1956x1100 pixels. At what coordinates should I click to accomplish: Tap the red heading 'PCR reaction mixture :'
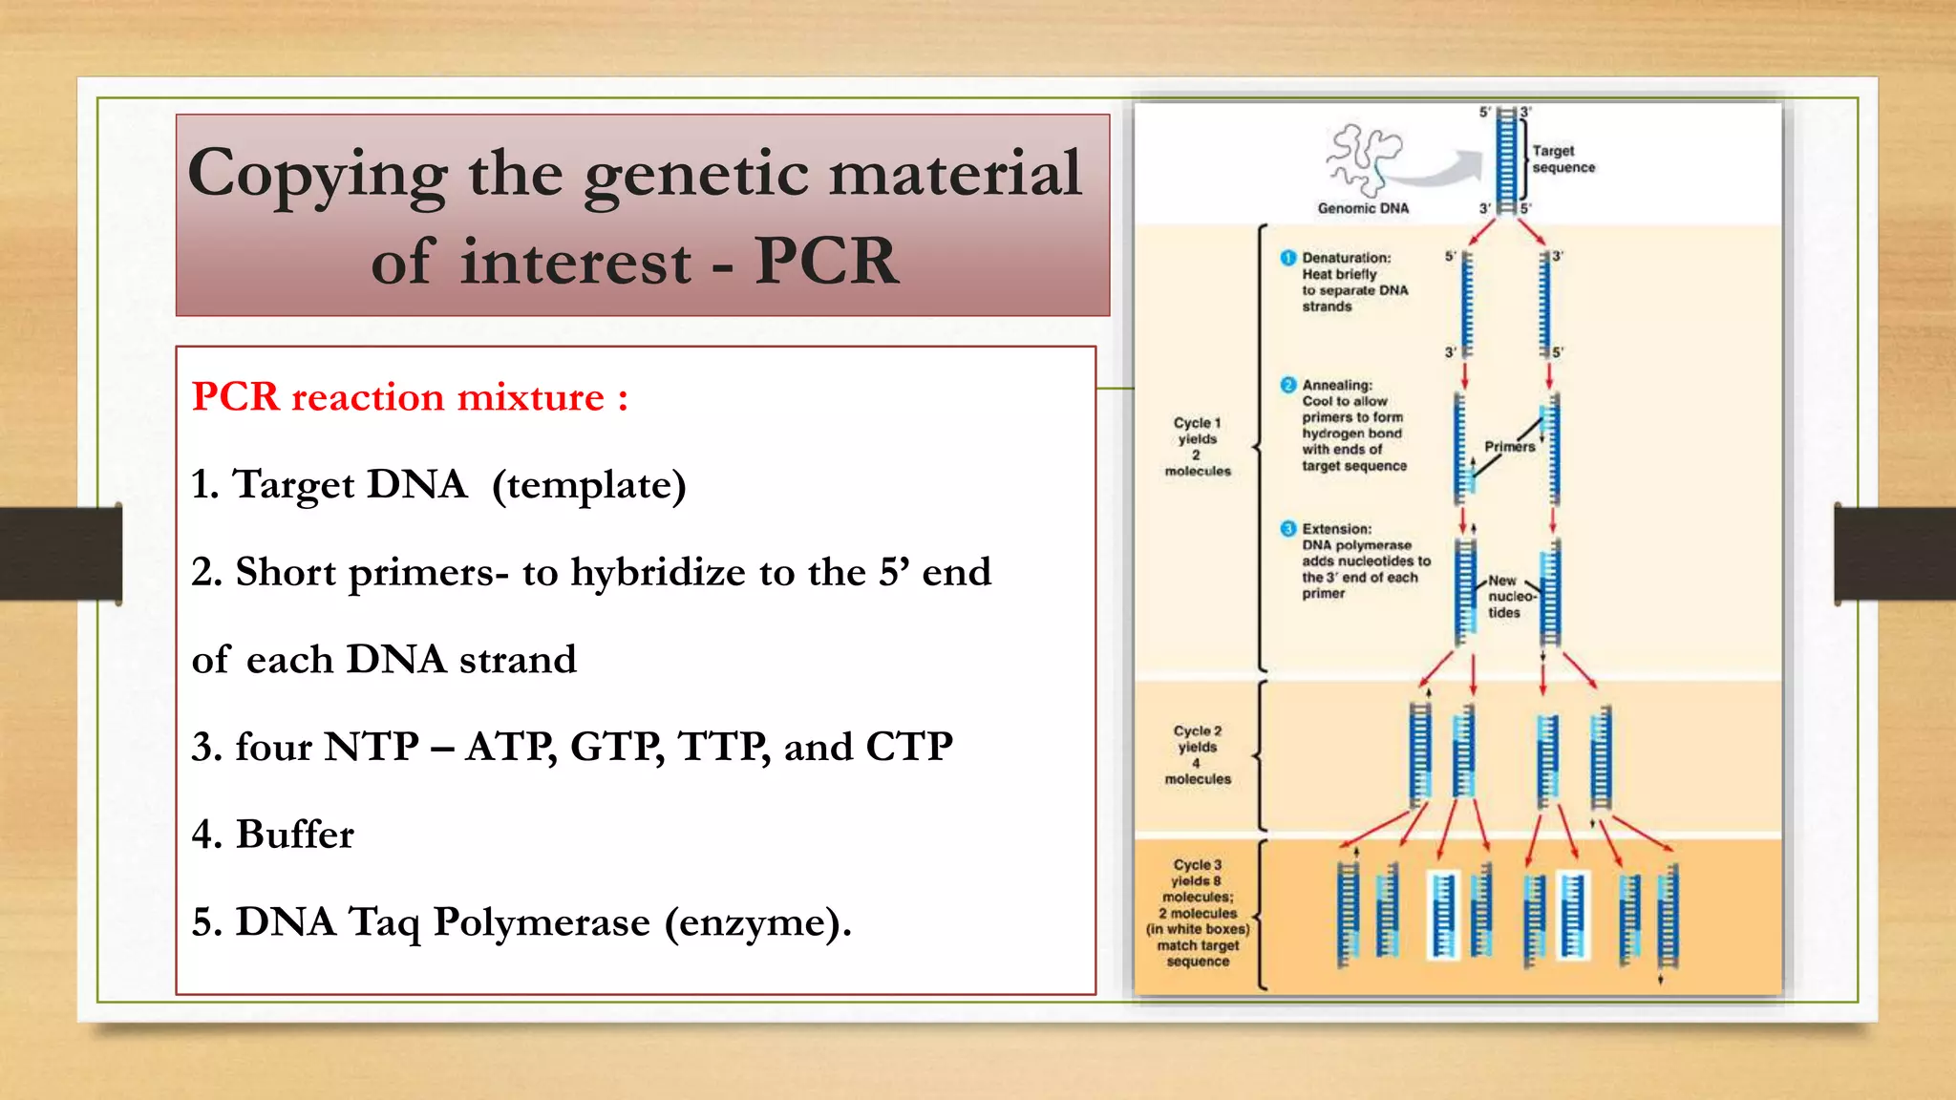pos(410,397)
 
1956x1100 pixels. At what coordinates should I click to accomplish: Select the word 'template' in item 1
pos(588,485)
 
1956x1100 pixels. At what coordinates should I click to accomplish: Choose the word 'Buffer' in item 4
pos(294,835)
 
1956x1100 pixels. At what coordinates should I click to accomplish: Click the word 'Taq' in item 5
pos(384,922)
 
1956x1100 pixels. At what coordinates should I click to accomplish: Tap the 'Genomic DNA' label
pos(1363,208)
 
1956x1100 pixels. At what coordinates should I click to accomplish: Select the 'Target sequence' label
pos(1563,159)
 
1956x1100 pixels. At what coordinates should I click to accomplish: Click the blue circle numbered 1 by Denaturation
pos(1288,258)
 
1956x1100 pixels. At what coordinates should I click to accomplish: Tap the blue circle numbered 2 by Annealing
pos(1288,385)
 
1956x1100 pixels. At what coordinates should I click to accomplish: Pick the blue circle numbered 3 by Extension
pos(1288,529)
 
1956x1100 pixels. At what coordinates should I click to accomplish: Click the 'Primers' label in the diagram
pos(1509,447)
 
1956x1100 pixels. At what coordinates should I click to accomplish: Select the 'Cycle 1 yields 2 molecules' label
pos(1198,447)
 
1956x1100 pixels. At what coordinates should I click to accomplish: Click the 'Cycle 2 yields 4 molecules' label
pos(1198,754)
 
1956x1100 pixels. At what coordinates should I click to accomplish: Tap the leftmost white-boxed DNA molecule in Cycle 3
pos(1443,915)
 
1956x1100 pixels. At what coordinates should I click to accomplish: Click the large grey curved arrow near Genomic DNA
pos(1442,170)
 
